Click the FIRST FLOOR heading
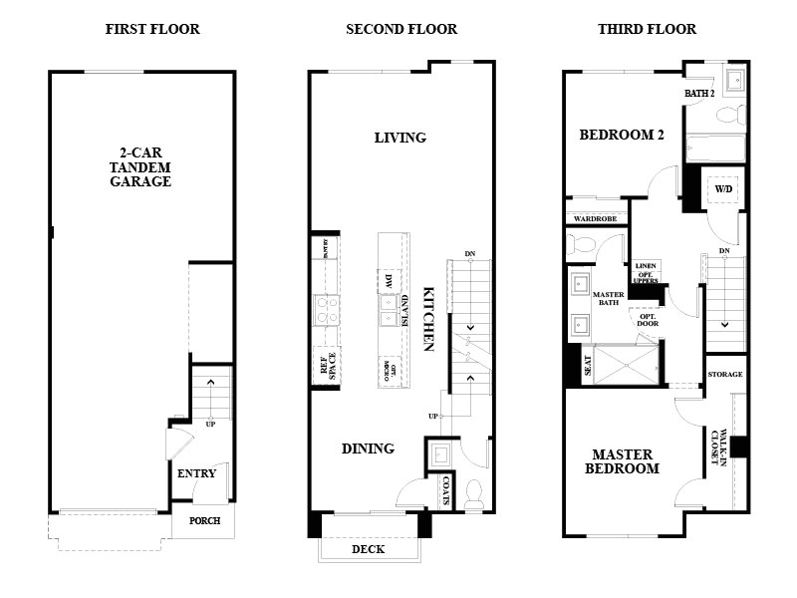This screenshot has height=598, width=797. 152,29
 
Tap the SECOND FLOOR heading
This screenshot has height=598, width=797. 401,29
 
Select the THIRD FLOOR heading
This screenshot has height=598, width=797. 647,29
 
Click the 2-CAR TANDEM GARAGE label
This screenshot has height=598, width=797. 140,167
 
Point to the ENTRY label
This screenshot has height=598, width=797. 196,473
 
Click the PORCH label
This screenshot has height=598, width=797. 204,520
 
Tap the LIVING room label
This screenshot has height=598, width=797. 400,138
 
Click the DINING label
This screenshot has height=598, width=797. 368,448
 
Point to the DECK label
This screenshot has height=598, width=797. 368,549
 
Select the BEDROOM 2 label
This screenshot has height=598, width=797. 622,135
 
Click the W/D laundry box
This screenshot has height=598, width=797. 722,188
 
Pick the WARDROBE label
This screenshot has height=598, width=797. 595,218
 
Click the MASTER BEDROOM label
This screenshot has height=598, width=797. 622,461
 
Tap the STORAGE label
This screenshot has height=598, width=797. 725,374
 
